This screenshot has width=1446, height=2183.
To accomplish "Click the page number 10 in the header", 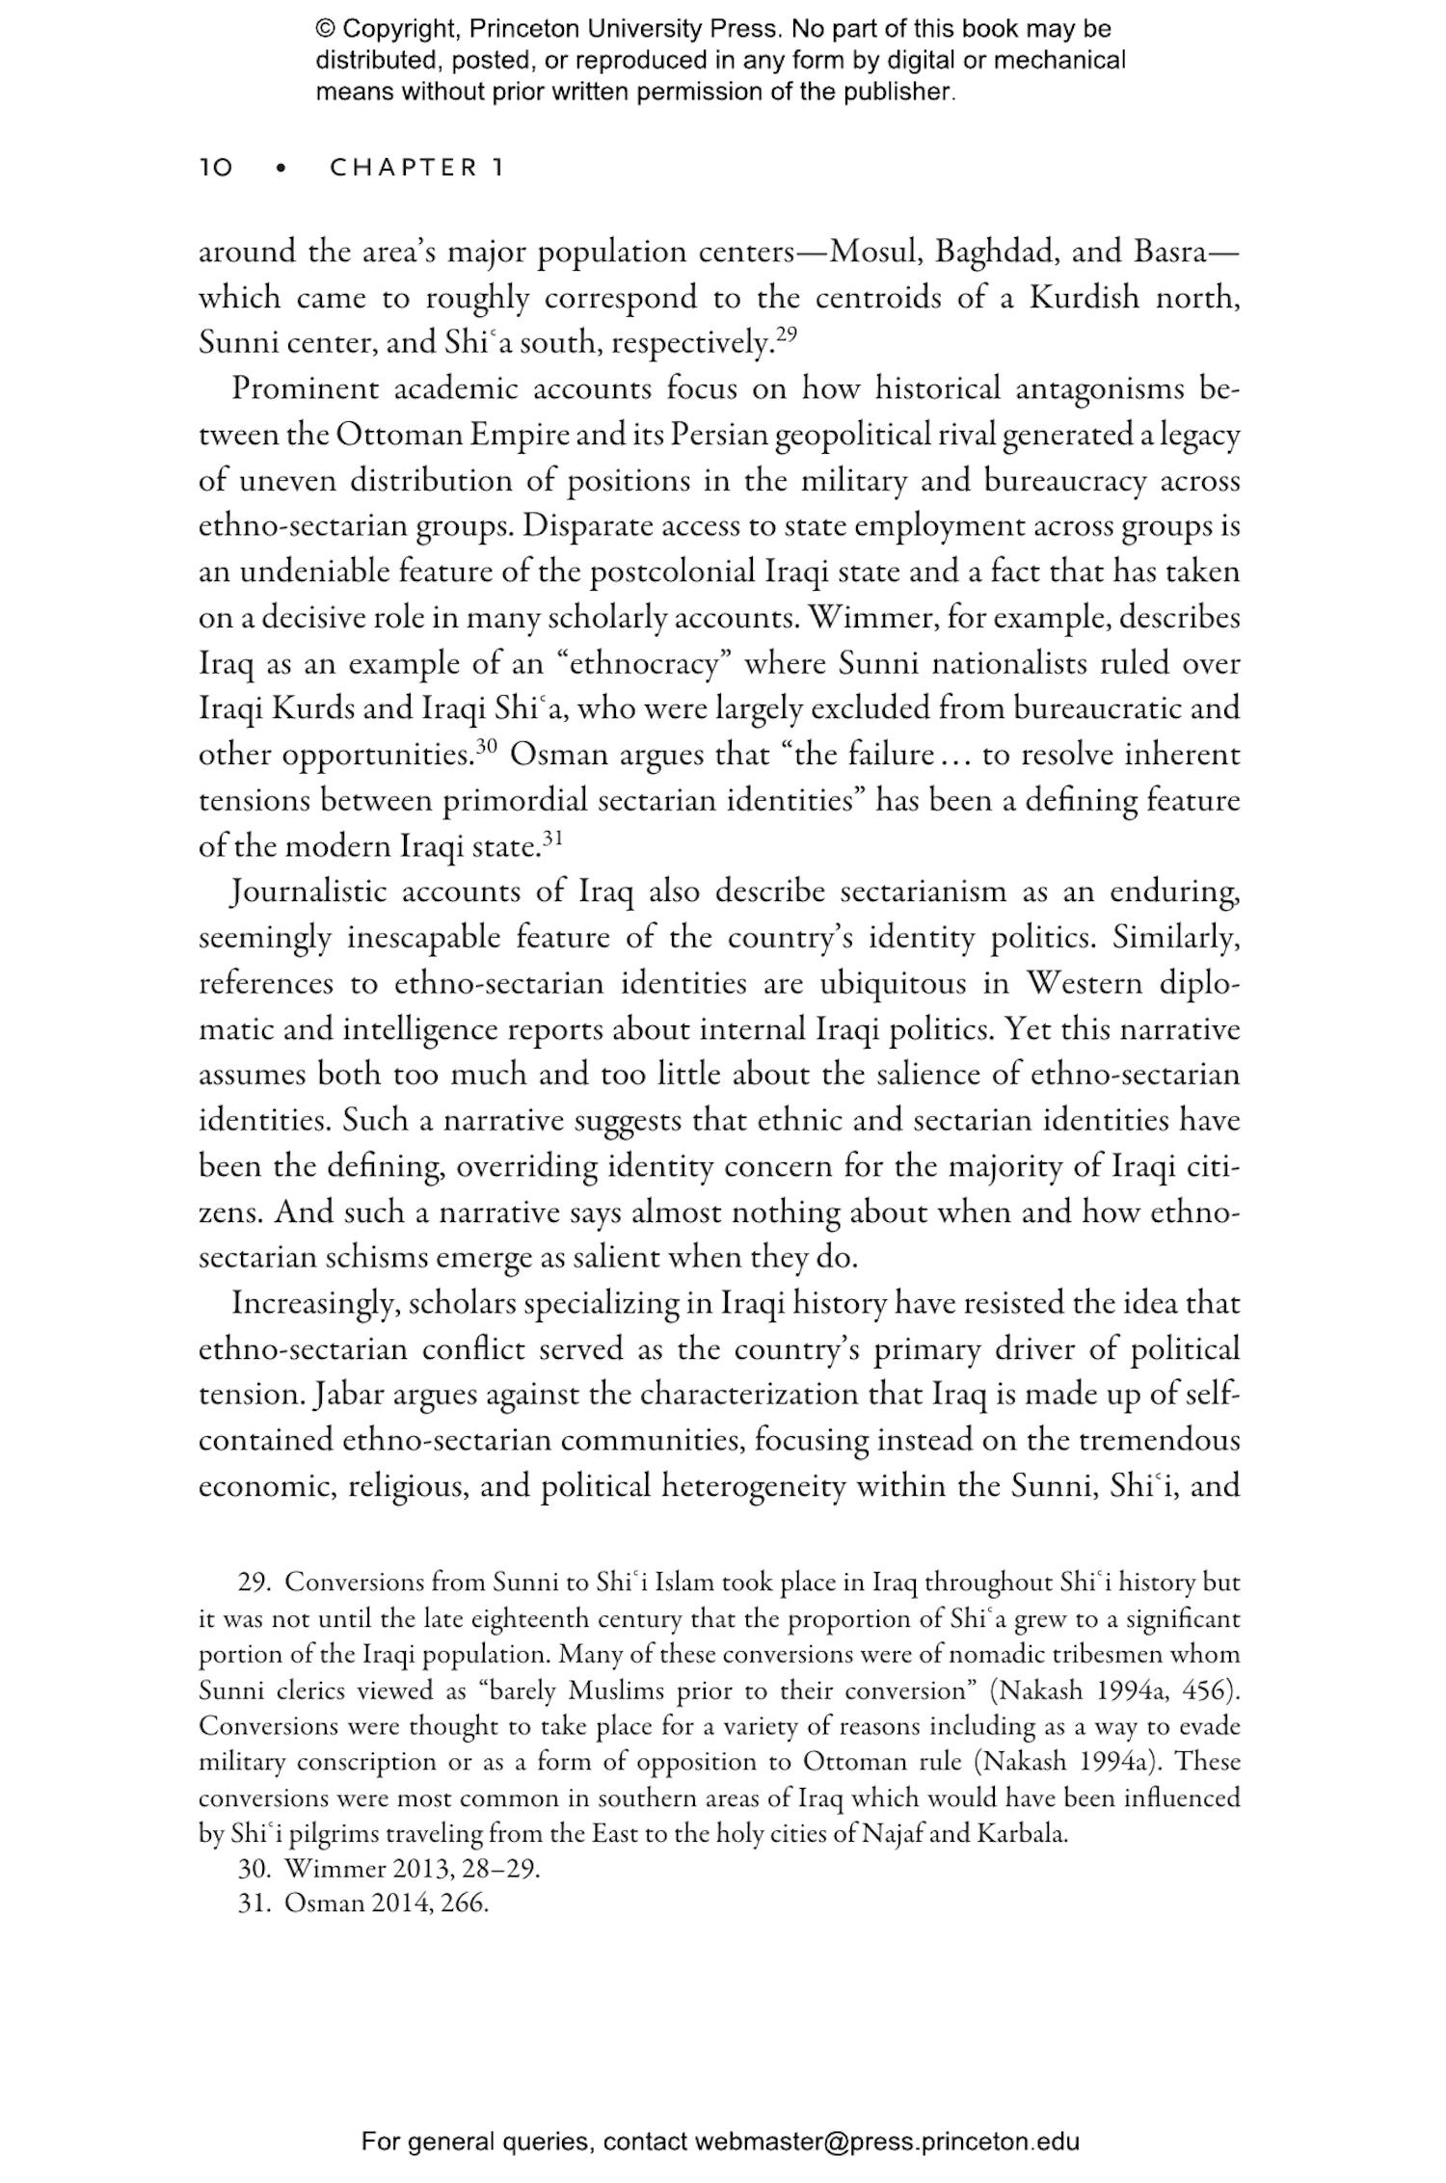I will click(216, 169).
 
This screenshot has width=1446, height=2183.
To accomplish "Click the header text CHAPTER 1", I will click(416, 169).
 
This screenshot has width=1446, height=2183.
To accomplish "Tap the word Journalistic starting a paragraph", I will click(309, 892).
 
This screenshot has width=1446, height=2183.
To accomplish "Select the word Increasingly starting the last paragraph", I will click(316, 1305).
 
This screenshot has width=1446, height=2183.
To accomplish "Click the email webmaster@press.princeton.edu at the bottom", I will click(886, 2143).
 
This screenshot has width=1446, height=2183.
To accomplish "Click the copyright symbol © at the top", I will click(325, 29).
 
